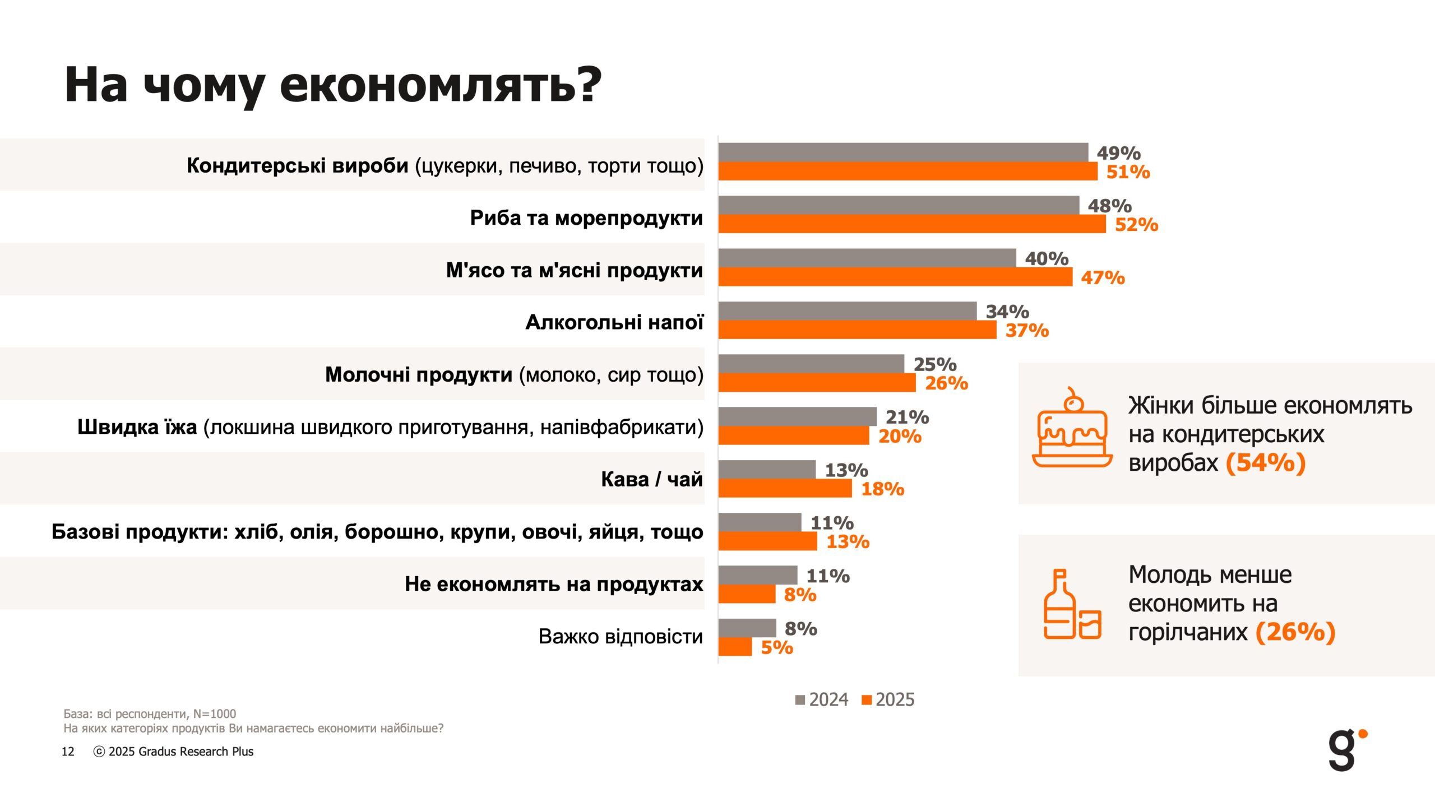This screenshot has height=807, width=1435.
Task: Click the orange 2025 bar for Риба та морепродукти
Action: click(x=912, y=224)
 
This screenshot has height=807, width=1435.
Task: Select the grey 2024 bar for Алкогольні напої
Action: click(x=848, y=311)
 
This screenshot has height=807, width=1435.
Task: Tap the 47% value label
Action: click(x=1103, y=277)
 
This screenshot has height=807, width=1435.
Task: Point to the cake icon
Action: click(x=1072, y=429)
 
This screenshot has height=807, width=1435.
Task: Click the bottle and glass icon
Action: click(x=1072, y=605)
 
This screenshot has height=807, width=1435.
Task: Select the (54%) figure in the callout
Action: click(x=1266, y=463)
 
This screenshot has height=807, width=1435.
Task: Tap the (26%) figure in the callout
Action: click(x=1295, y=632)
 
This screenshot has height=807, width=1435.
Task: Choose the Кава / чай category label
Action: click(x=651, y=479)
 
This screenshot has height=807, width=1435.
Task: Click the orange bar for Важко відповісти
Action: click(x=735, y=647)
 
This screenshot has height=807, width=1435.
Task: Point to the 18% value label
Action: click(x=882, y=489)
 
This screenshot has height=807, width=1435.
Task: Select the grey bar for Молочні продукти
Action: click(x=811, y=364)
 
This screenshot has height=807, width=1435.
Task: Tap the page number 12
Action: click(x=68, y=752)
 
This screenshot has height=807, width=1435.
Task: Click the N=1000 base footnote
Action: click(x=150, y=713)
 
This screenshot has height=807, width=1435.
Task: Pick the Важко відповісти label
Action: click(x=621, y=637)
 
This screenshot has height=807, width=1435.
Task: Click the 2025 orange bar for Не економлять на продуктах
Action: click(x=747, y=594)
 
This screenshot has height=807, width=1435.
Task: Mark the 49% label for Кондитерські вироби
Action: click(x=1118, y=153)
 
